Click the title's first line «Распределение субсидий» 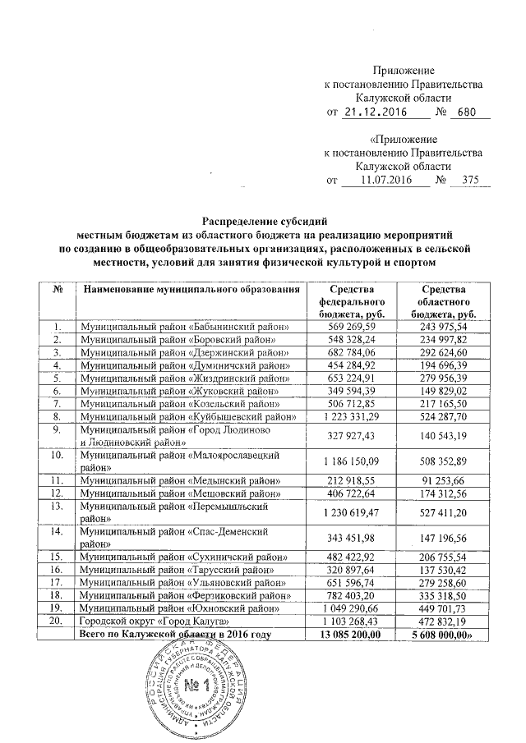(x=265, y=220)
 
